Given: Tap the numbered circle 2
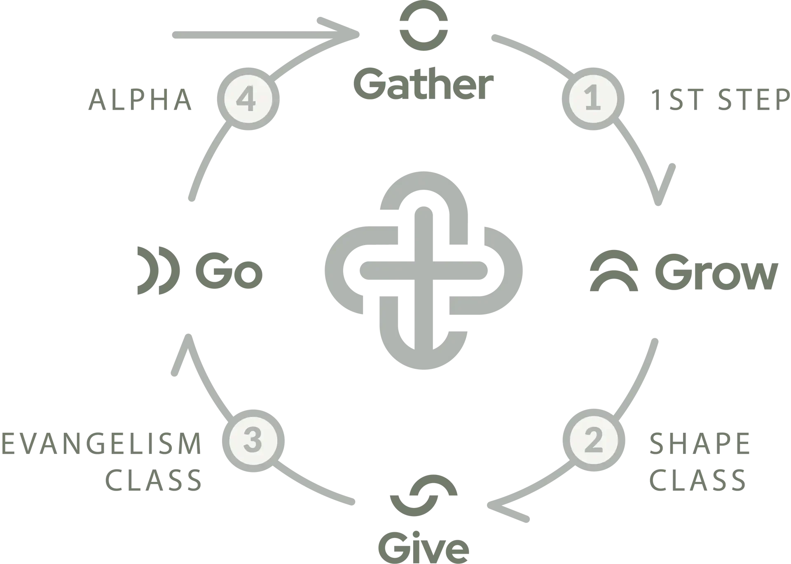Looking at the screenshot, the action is click(594, 441).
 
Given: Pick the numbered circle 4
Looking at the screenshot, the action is click(248, 99).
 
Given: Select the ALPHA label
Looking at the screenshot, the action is click(140, 99).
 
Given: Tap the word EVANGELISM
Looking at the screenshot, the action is click(101, 443).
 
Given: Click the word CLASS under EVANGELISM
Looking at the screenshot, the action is click(153, 479).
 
